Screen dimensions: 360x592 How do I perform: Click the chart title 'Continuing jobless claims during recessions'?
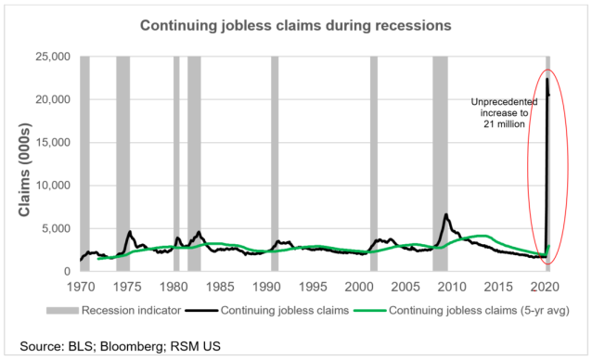pyautogui.click(x=295, y=26)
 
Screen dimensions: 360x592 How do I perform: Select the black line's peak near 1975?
pyautogui.click(x=130, y=232)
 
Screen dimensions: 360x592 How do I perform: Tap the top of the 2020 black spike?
pyautogui.click(x=547, y=78)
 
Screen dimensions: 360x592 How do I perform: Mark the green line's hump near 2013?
pyautogui.click(x=483, y=236)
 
